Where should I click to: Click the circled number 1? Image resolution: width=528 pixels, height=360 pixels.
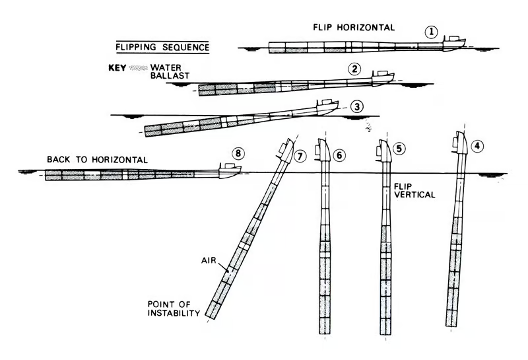tap(430, 31)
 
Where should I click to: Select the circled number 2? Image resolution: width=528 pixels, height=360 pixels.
tap(354, 69)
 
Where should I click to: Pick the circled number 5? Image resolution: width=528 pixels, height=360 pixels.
tap(399, 148)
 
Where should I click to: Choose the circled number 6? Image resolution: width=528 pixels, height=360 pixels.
tap(339, 155)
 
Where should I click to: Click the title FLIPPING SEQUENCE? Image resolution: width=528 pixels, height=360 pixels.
tap(162, 47)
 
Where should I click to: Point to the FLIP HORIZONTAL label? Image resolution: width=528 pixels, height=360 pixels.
tap(354, 28)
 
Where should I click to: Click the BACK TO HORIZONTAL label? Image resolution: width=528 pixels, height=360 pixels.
tap(97, 160)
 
